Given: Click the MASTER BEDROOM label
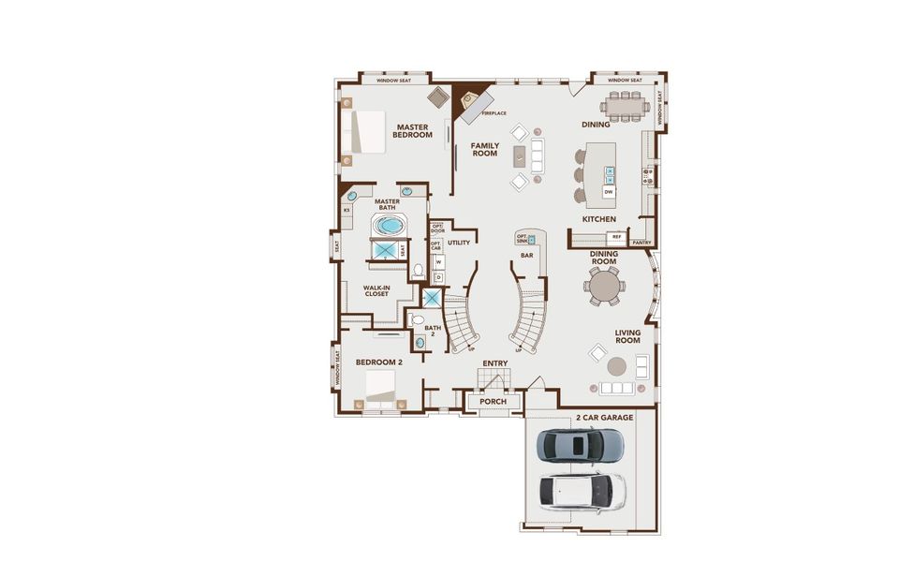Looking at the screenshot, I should (413, 130).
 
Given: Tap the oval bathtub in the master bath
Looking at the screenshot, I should (388, 226).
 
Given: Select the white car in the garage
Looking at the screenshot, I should (582, 488).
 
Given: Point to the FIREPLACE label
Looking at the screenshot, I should (494, 113).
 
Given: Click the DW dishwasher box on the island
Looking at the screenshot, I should (609, 191).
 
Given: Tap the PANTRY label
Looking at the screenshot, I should (641, 243).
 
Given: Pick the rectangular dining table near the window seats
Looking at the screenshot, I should (625, 106).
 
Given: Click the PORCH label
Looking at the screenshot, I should (493, 402).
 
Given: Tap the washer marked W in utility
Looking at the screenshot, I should (437, 261).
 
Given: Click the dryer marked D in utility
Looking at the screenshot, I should (437, 276).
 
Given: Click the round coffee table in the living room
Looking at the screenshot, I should (617, 365).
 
